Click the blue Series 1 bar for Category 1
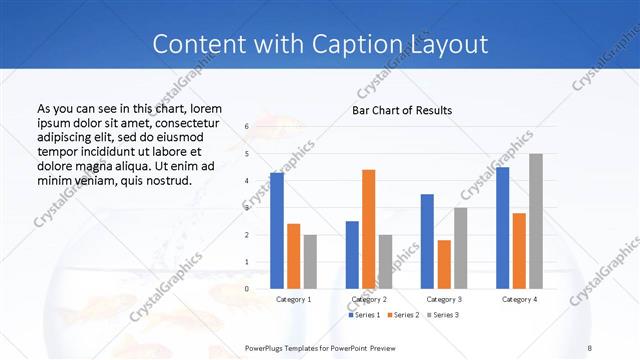point(277,231)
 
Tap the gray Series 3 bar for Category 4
point(536,221)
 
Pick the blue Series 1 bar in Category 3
point(427,241)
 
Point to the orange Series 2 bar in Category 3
point(444,264)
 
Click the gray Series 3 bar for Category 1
point(310,262)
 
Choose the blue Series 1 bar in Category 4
point(502,228)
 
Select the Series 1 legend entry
point(365,315)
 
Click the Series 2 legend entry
point(404,315)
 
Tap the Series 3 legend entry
point(443,315)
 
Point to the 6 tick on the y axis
point(247,128)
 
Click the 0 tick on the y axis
point(247,289)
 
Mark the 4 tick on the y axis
point(247,181)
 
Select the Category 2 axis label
point(368,299)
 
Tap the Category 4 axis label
point(519,299)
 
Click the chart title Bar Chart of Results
point(402,110)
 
